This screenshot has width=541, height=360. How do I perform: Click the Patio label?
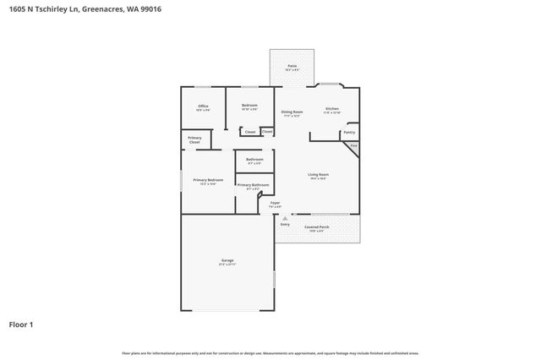(x=292, y=66)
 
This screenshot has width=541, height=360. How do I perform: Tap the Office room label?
(x=203, y=106)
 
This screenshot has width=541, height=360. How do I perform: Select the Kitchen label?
(x=332, y=109)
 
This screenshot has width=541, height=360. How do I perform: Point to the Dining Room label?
(x=292, y=112)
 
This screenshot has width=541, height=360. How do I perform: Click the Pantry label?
(x=349, y=133)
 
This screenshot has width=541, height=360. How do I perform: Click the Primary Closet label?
(x=194, y=139)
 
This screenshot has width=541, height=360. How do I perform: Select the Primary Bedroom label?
(x=208, y=180)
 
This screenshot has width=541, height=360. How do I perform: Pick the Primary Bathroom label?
(x=253, y=185)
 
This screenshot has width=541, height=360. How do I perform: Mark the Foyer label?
(x=275, y=203)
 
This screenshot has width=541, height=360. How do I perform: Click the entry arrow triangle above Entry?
(x=285, y=218)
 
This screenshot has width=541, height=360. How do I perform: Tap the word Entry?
(x=285, y=224)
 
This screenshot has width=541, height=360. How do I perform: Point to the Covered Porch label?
(x=316, y=227)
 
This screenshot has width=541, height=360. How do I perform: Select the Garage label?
(x=227, y=260)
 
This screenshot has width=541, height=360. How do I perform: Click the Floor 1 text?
(x=23, y=324)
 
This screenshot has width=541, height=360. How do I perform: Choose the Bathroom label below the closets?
(x=254, y=160)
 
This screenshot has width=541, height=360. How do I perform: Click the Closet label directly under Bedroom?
(x=250, y=132)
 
